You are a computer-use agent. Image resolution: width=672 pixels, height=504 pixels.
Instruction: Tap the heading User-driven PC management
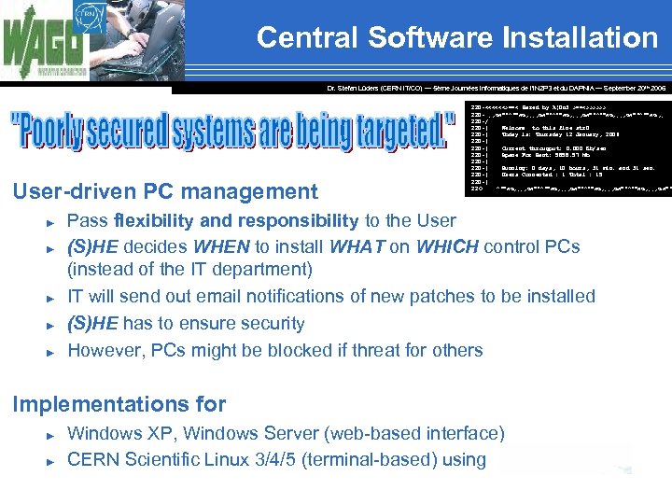pyautogui.click(x=164, y=192)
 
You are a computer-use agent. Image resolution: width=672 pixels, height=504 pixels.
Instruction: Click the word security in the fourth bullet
pyautogui.click(x=269, y=324)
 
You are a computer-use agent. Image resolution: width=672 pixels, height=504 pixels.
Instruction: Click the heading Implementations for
pyautogui.click(x=119, y=404)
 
